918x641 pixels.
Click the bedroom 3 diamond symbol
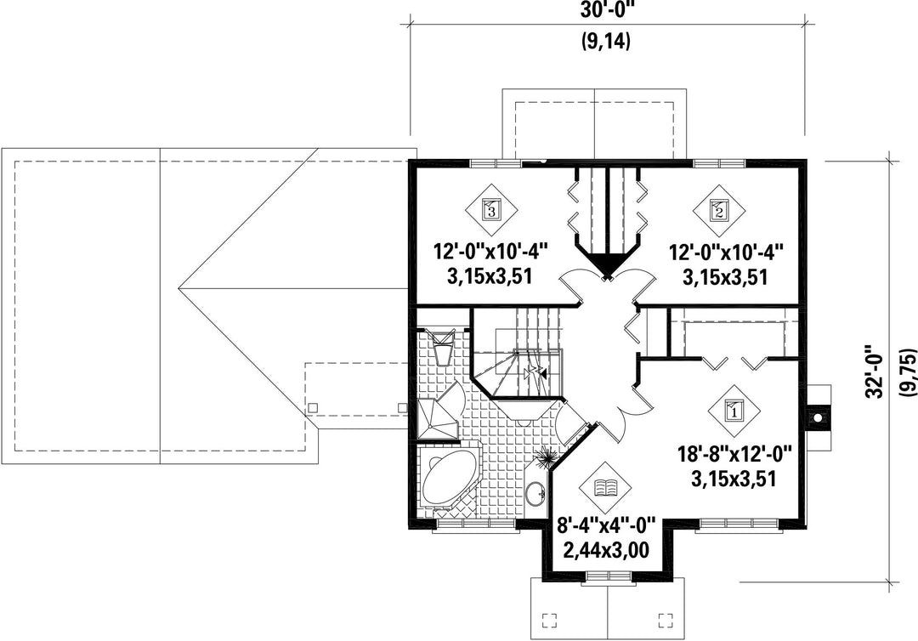[491, 209]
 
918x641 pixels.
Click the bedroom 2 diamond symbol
[718, 209]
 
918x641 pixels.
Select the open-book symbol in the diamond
[605, 487]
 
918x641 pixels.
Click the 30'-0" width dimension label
[606, 10]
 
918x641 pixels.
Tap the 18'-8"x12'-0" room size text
[734, 454]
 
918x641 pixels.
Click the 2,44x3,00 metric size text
[605, 550]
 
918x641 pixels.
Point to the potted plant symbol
[547, 456]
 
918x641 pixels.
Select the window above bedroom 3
[496, 163]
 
